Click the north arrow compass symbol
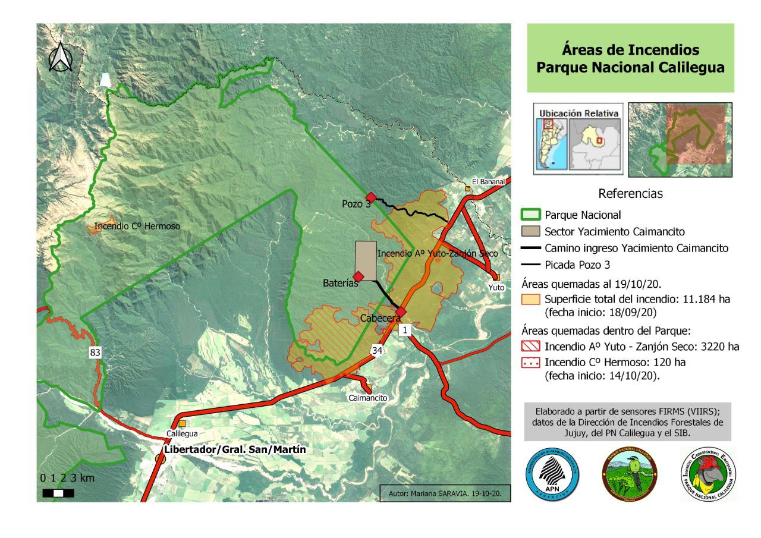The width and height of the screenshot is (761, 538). (x=60, y=57)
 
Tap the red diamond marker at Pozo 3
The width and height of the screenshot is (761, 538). (x=370, y=197)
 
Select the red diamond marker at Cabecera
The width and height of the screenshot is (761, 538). (x=401, y=312)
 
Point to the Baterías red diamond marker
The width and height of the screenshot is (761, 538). (x=359, y=276)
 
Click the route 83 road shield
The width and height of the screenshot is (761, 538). (x=95, y=353)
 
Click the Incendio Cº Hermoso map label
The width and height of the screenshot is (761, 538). (x=137, y=226)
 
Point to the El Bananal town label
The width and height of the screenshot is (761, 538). (x=488, y=182)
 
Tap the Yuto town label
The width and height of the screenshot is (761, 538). (x=496, y=287)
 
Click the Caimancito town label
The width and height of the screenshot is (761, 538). (x=368, y=398)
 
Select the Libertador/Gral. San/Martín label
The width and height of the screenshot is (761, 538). (x=236, y=450)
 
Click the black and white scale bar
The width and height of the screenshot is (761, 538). (x=58, y=493)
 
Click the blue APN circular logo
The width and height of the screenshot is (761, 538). (x=552, y=474)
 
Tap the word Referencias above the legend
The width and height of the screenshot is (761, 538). (x=631, y=194)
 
